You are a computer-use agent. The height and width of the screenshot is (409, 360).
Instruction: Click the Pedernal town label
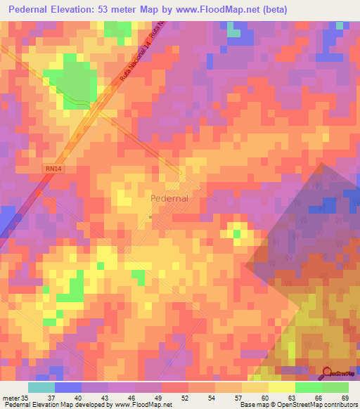coord(169,199)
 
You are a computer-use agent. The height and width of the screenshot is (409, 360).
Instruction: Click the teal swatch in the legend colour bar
coord(41,387)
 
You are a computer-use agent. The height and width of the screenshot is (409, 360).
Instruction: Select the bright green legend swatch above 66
coord(308,387)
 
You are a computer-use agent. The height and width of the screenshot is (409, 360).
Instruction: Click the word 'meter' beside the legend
coord(11,397)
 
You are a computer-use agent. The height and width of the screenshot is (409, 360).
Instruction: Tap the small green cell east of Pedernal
coord(237,233)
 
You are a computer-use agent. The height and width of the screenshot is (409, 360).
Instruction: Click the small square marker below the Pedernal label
coord(151,217)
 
